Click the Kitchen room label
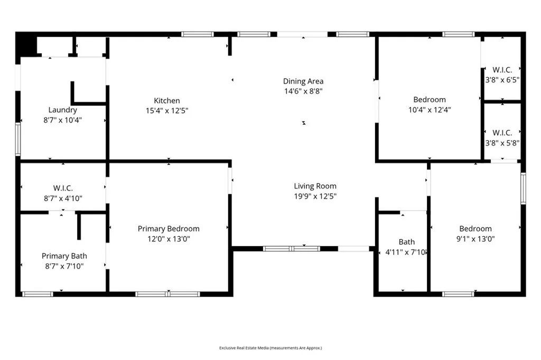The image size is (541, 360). [166, 101]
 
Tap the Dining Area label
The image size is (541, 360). [303, 81]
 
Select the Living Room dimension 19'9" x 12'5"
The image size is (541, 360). [315, 196]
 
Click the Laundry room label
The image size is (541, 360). [62, 110]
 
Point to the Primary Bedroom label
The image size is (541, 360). [169, 229]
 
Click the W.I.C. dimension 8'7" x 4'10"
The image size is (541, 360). [62, 198]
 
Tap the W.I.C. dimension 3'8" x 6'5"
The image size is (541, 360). [502, 80]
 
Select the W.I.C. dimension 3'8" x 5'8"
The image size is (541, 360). [502, 143]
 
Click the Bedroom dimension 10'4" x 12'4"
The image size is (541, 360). [429, 110]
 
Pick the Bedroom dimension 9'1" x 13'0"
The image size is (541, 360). [475, 239]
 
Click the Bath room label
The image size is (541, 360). [406, 242]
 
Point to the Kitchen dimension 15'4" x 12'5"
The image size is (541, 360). [166, 110]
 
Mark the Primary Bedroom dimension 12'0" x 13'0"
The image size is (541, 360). [169, 239]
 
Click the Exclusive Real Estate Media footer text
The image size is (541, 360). [270, 348]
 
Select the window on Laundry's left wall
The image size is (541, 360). [18, 139]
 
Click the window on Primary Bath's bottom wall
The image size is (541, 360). [38, 294]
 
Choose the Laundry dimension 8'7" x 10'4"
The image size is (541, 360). [62, 120]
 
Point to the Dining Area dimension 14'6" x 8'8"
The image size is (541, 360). [303, 91]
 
